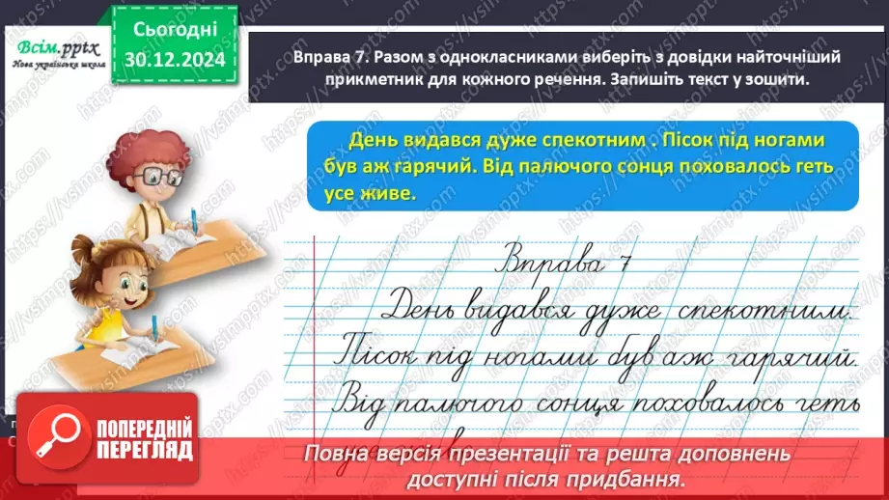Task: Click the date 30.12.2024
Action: click(x=174, y=60)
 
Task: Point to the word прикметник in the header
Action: click(x=344, y=80)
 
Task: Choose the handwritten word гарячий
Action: click(x=791, y=359)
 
